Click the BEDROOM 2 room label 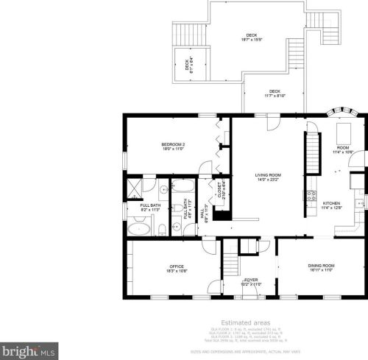(172, 144)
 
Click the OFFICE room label (176, 266)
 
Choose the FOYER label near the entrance (251, 280)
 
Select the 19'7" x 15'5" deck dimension (252, 40)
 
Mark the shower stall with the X (135, 187)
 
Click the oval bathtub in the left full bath (138, 229)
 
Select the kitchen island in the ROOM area (343, 133)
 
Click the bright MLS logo (29, 351)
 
